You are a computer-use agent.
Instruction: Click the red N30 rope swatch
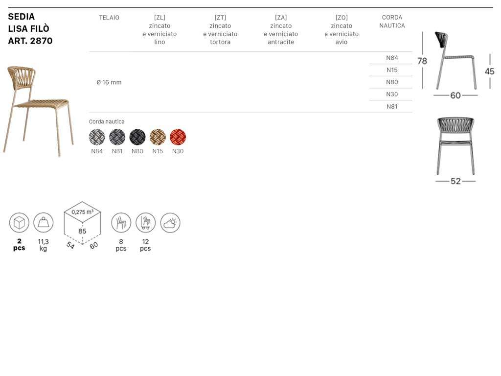(x=178, y=137)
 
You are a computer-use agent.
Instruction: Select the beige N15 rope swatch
(x=158, y=137)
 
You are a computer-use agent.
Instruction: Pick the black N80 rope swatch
(x=137, y=137)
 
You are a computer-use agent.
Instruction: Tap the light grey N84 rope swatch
(x=97, y=137)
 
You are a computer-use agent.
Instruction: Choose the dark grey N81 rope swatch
(x=117, y=137)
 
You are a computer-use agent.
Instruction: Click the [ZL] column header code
(x=159, y=17)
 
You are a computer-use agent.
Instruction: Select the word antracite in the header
(x=281, y=42)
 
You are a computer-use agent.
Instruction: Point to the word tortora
(x=220, y=42)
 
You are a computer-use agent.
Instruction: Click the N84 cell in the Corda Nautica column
(x=392, y=58)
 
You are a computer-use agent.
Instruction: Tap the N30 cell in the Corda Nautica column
(x=392, y=94)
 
